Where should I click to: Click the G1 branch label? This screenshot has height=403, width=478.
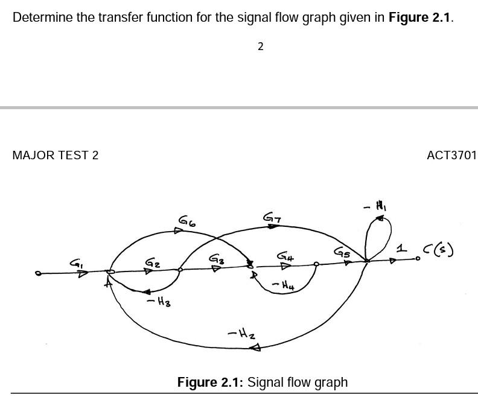pyautogui.click(x=76, y=263)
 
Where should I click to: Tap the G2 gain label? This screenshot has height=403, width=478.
pyautogui.click(x=152, y=263)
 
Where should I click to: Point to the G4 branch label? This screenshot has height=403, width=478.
pyautogui.click(x=285, y=257)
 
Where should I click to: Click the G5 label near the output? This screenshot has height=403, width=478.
pyautogui.click(x=342, y=253)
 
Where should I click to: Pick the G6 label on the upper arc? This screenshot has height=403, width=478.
pyautogui.click(x=186, y=221)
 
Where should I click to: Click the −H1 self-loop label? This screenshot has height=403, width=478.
pyautogui.click(x=375, y=206)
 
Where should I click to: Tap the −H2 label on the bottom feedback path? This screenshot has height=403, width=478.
pyautogui.click(x=240, y=332)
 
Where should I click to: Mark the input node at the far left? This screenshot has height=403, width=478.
pyautogui.click(x=38, y=273)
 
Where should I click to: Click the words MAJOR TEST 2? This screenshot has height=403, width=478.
pyautogui.click(x=56, y=155)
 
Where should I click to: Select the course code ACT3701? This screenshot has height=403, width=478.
pyautogui.click(x=451, y=155)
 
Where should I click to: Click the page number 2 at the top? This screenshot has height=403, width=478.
pyautogui.click(x=260, y=46)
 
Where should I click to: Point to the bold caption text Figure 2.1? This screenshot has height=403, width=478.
pyautogui.click(x=210, y=382)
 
